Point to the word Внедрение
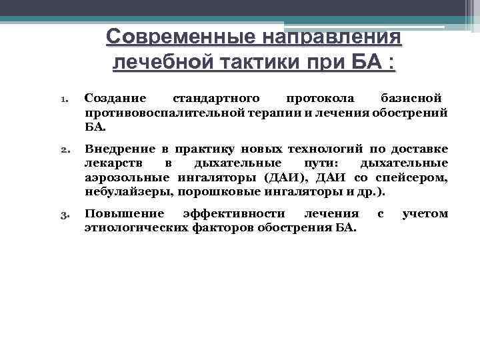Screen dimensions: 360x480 119,148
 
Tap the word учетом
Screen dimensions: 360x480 425,214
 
